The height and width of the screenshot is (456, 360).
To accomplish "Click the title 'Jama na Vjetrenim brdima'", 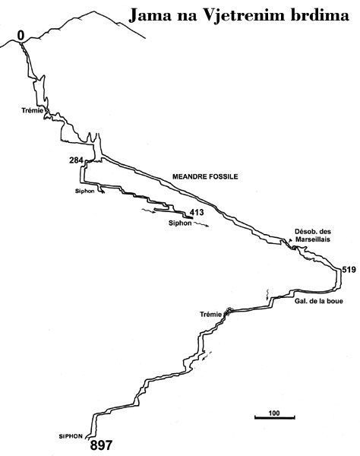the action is click(238, 16).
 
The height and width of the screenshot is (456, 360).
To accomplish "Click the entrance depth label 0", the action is click(21, 36).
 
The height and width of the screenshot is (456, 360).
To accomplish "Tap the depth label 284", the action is click(76, 160).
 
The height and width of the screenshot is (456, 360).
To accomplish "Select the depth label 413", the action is click(197, 212).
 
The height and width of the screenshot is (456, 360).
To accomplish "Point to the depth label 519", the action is click(349, 270).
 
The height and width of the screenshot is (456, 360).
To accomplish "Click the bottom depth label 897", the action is click(101, 445).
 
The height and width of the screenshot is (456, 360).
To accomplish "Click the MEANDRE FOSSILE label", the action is click(205, 176).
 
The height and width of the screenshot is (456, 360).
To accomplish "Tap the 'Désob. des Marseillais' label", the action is click(313, 236).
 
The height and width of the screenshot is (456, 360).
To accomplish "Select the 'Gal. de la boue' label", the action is click(319, 301).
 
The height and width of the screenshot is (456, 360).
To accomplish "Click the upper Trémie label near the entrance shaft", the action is click(32, 110).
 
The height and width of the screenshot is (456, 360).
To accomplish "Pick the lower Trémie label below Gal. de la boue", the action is click(210, 314).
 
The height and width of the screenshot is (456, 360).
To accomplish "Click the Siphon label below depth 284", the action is click(84, 191).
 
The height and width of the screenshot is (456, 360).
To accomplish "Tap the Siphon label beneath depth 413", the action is click(180, 223).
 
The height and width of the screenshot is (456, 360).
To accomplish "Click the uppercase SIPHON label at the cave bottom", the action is click(71, 436).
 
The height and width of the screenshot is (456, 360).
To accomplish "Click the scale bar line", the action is click(275, 418).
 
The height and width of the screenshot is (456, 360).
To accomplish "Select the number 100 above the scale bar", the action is click(274, 413).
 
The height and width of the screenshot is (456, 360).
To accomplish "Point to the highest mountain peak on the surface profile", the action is click(93, 11).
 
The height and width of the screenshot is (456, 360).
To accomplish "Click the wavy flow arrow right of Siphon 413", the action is click(201, 224).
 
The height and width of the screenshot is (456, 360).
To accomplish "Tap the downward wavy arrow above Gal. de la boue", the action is click(267, 295).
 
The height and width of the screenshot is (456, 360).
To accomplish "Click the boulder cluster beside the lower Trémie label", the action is click(228, 312).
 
